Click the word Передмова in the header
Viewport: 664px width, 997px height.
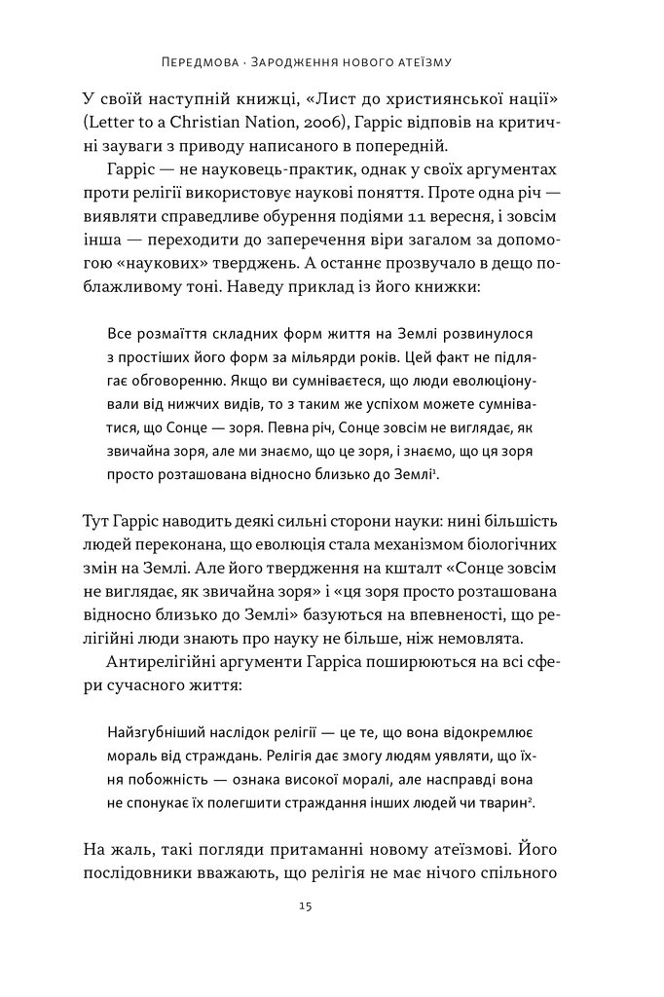coord(199,63)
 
